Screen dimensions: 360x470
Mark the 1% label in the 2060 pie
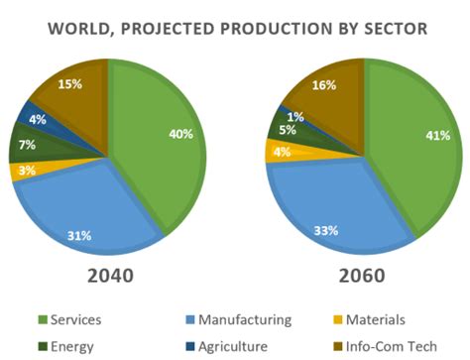296,116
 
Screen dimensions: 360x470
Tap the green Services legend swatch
43,320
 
